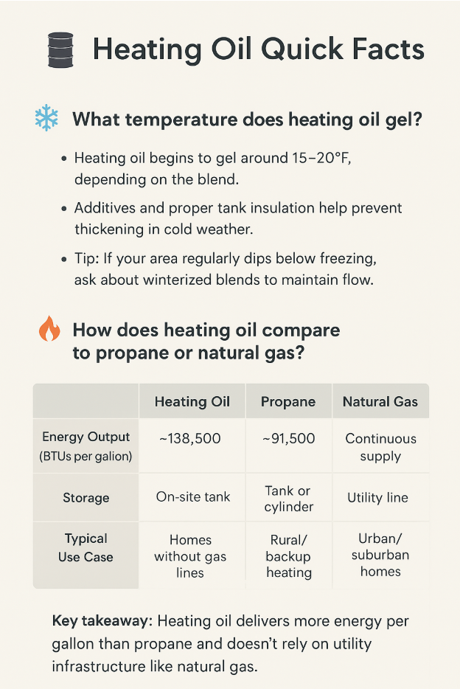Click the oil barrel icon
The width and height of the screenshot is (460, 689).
tap(60, 49)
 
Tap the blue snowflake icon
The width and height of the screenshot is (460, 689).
tap(46, 118)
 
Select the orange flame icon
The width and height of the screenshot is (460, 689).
tap(49, 328)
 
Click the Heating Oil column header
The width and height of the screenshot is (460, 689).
tap(192, 401)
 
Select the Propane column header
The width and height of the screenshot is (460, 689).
tap(288, 401)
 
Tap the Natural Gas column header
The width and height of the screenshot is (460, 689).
tap(380, 401)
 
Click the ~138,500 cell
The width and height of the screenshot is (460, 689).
tap(190, 438)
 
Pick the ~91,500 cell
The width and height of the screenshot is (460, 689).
tap(289, 438)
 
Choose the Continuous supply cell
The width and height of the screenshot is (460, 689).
tap(380, 447)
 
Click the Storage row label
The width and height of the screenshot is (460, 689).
tap(86, 497)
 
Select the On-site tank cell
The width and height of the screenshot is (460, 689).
tap(193, 496)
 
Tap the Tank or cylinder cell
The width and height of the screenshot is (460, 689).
tap(288, 499)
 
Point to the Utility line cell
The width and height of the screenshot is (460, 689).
tap(378, 497)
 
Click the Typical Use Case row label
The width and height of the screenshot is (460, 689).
tap(86, 547)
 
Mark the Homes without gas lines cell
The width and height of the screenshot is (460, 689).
tap(190, 556)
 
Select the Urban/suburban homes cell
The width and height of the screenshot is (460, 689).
tap(380, 555)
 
